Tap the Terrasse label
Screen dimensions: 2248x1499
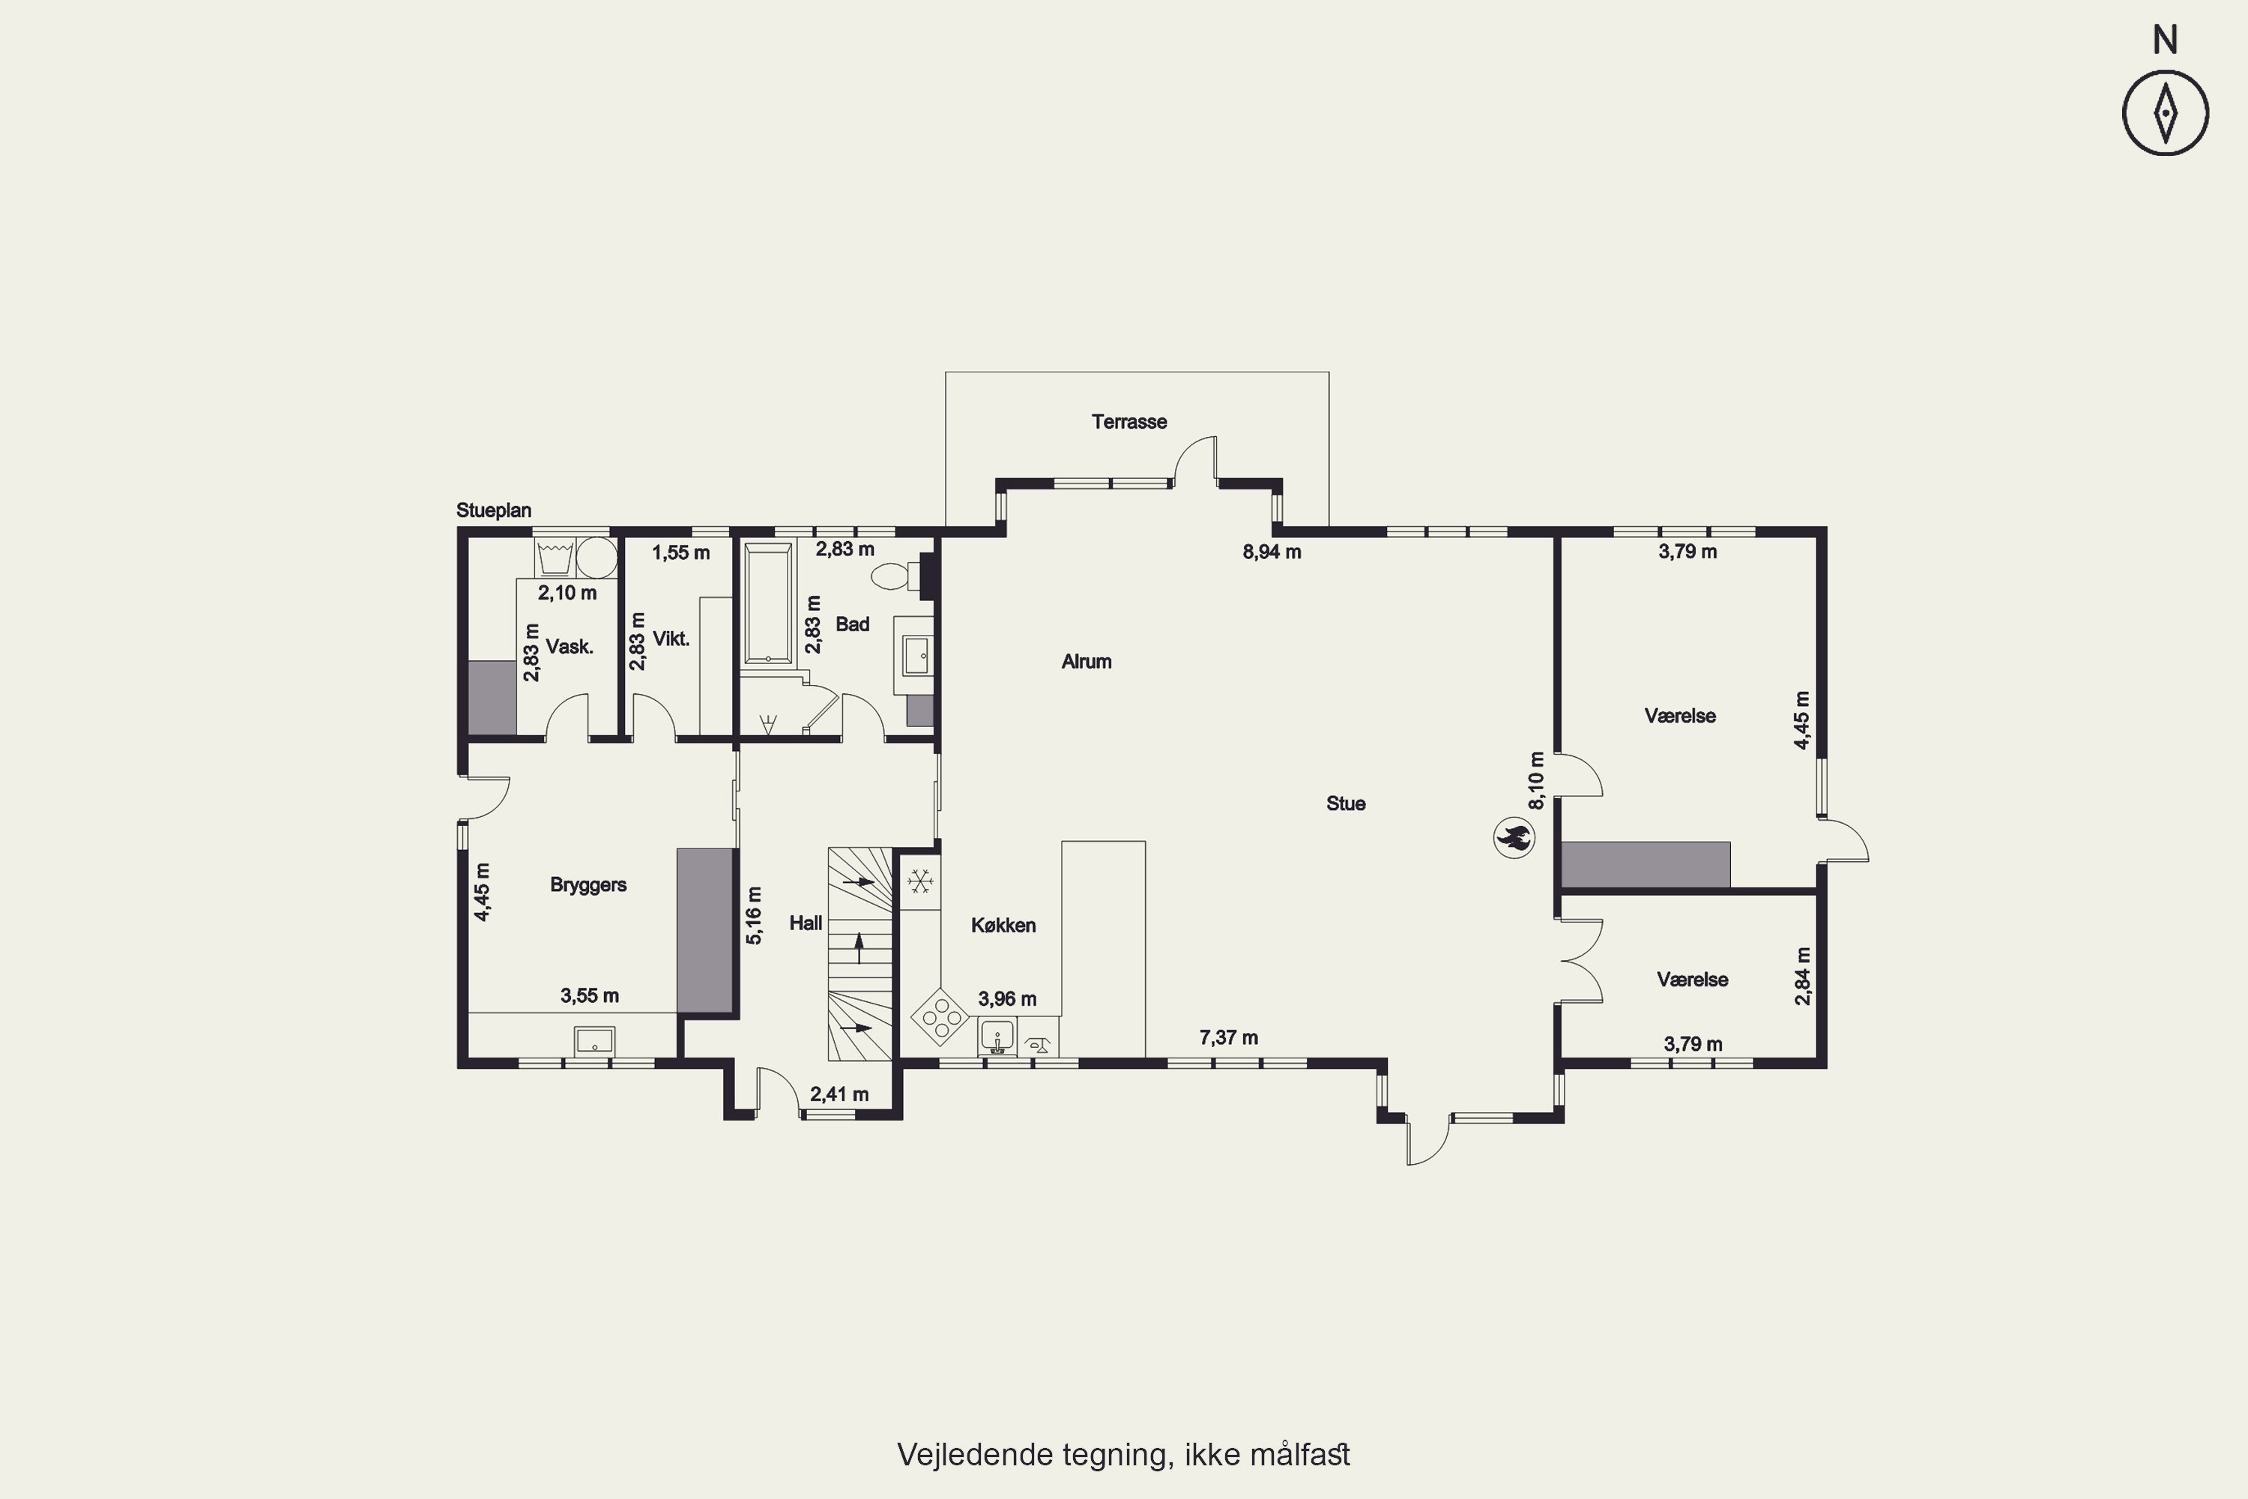(x=1128, y=421)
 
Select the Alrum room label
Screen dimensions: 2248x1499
(x=1086, y=662)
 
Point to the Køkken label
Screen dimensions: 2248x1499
(x=1003, y=926)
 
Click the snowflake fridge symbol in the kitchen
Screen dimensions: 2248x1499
(x=920, y=881)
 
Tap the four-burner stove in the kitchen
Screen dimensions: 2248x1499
(x=940, y=1017)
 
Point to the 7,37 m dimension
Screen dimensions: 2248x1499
(x=1228, y=1037)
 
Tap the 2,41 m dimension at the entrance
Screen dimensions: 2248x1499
(x=839, y=1094)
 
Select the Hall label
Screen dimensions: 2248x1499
(x=805, y=923)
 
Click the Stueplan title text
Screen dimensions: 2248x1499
(x=493, y=510)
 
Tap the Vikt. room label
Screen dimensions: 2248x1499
(x=671, y=639)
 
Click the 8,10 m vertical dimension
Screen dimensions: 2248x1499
(x=1536, y=780)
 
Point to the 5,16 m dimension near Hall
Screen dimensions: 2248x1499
(x=754, y=916)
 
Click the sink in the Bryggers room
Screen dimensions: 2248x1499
(x=593, y=1040)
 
